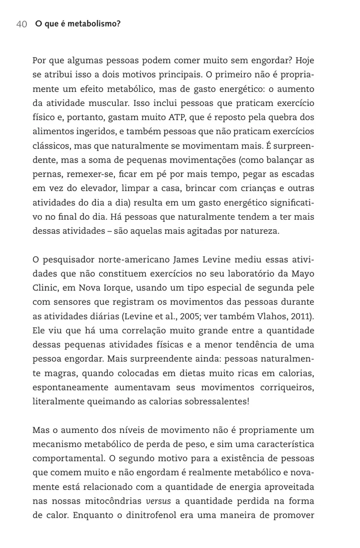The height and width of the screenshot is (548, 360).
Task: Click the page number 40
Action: point(21,24)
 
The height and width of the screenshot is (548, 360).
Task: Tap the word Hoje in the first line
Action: point(305,60)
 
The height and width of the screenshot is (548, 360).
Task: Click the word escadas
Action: point(298,174)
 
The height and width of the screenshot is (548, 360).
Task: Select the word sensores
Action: point(71,303)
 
